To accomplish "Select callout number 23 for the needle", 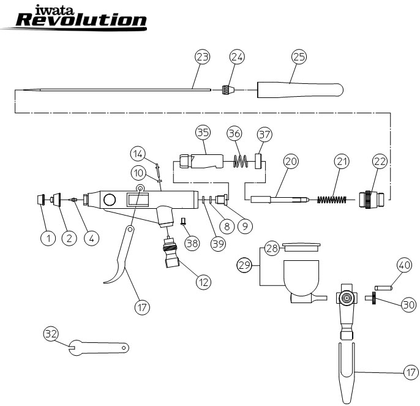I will pos(202,57).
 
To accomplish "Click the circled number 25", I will pos(298,57).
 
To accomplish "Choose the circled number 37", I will pos(263,133).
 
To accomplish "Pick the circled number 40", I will pos(403,265).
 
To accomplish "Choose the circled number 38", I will pos(192,242).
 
